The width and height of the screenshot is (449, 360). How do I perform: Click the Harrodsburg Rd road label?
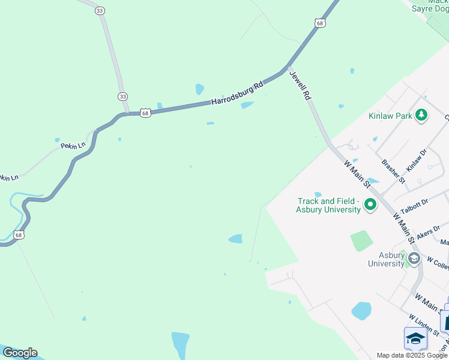pos(237,95)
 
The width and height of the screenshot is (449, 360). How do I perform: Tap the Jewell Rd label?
pos(300,85)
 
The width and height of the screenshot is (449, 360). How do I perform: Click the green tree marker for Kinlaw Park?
pos(421,115)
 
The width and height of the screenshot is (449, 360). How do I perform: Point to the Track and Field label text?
pos(328,201)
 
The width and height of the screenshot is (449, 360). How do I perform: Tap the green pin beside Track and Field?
pos(370,205)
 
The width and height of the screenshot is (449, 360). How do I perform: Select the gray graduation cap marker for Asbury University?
pos(414,259)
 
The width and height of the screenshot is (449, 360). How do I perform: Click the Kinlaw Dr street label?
pos(415,159)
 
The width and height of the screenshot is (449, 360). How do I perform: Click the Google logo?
pos(20,353)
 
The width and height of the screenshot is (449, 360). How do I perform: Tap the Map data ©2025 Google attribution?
pos(412,355)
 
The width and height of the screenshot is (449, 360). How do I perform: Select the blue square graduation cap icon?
pos(415,338)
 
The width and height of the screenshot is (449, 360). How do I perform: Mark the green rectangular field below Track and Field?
pos(362,241)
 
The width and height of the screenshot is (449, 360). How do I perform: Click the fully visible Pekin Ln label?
pos(74,145)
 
